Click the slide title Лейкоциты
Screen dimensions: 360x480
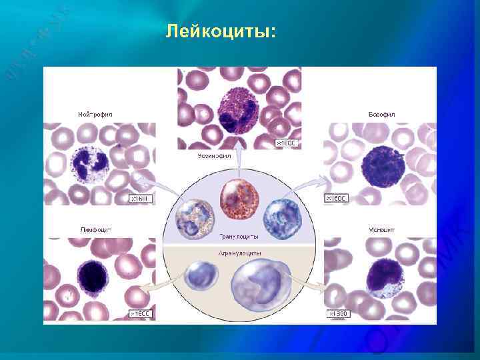[x=220, y=31]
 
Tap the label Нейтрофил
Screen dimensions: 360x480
[x=95, y=115]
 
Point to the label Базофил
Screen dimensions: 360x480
[x=382, y=115]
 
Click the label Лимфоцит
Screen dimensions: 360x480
[x=95, y=230]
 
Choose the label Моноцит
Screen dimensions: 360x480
[x=382, y=230]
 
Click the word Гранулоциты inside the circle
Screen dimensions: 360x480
[x=240, y=236]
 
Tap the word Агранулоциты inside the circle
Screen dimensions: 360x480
[x=239, y=253]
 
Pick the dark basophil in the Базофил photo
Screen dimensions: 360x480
[x=379, y=165]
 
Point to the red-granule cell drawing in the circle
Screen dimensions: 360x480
[x=239, y=204]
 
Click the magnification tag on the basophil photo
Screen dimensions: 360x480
[x=335, y=198]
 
